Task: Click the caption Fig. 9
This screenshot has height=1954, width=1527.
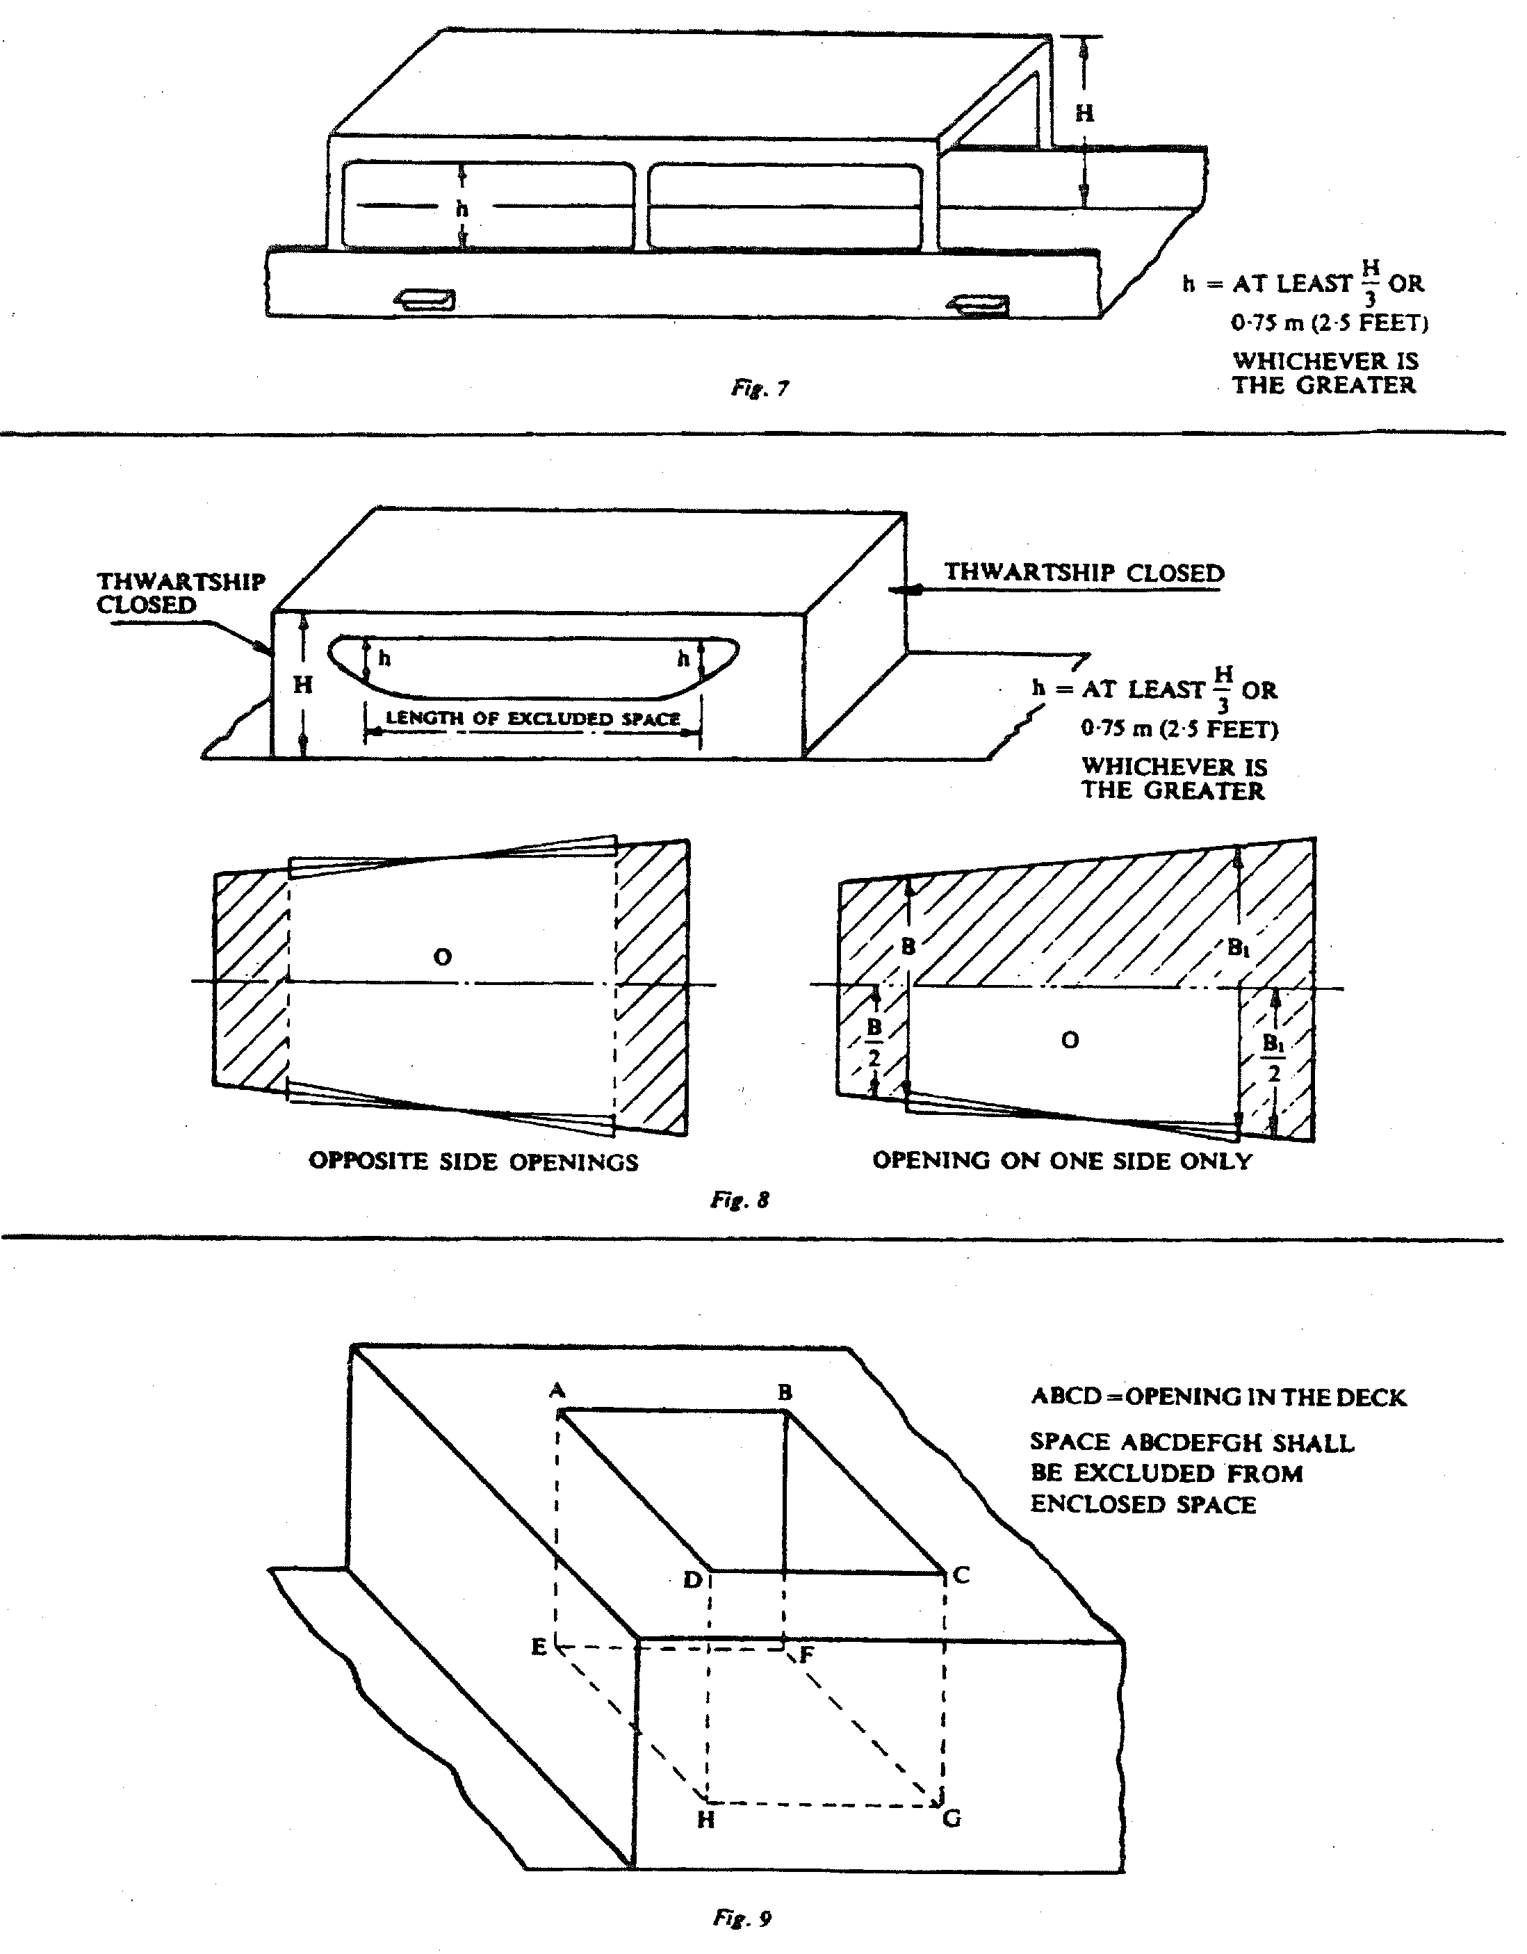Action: [x=742, y=1917]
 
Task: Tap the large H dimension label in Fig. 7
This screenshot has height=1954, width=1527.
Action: [x=1084, y=113]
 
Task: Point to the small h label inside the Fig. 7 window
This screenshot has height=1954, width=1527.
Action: [x=462, y=208]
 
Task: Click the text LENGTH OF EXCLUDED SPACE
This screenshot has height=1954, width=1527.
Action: [x=532, y=719]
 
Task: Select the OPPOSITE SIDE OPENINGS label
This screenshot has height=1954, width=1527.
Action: [x=473, y=1162]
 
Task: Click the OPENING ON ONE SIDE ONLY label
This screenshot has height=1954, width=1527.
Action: [x=1062, y=1160]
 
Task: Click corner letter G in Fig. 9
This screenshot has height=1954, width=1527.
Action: [x=952, y=1819]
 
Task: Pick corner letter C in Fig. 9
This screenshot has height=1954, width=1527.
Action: [x=962, y=1576]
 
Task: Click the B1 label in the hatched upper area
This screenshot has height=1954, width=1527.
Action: [x=1238, y=947]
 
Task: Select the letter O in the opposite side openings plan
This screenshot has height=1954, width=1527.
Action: [x=442, y=957]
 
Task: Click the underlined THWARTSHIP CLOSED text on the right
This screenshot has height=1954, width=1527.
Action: [x=1084, y=573]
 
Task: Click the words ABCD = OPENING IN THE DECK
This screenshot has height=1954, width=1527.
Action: [x=1218, y=1397]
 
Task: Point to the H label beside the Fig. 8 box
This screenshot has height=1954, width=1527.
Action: [x=303, y=685]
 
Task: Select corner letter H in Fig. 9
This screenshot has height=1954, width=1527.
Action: [x=705, y=1820]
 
